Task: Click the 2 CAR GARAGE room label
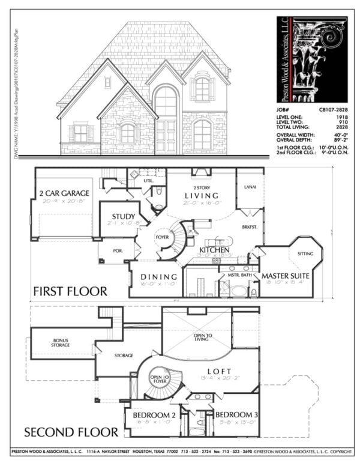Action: [x=65, y=193]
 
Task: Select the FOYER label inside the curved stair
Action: [x=163, y=237]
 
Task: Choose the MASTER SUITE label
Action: [x=284, y=276]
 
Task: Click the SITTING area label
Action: [x=305, y=254]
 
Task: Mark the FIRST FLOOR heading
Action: [x=70, y=292]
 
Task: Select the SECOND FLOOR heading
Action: [x=70, y=432]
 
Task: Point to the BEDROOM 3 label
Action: [x=236, y=416]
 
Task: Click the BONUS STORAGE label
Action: [x=61, y=343]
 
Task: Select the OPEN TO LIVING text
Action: [x=197, y=338]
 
